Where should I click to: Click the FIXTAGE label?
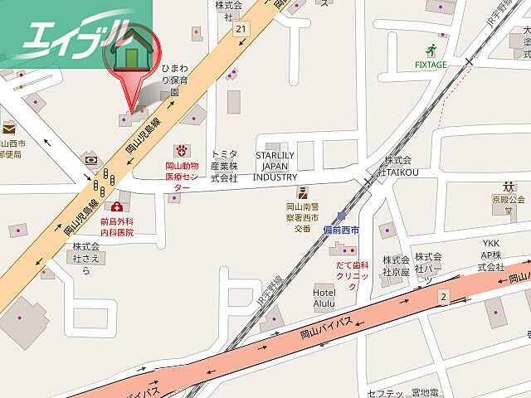431,64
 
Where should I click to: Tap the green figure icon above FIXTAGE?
431,49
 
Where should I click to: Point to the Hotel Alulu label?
324,298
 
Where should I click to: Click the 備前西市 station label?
341,229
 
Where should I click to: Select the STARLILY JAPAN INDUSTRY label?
275,166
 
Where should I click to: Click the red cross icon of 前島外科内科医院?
117,206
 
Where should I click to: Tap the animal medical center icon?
180,150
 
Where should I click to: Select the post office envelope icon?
9,129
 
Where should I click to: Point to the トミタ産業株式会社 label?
224,166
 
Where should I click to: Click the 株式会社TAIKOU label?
397,166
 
